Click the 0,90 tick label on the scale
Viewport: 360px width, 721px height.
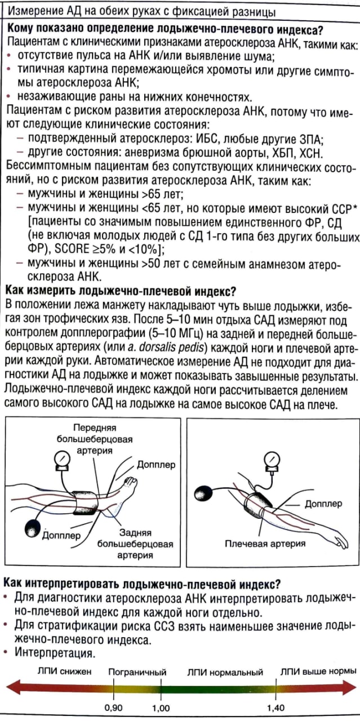click(x=114, y=707)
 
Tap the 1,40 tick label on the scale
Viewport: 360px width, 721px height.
click(x=276, y=707)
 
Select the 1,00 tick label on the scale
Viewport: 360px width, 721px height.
click(x=161, y=707)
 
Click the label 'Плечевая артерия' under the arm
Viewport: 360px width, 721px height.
click(x=265, y=544)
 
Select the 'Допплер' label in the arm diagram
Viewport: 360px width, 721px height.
click(x=323, y=504)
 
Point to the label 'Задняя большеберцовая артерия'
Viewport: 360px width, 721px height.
click(x=135, y=544)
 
